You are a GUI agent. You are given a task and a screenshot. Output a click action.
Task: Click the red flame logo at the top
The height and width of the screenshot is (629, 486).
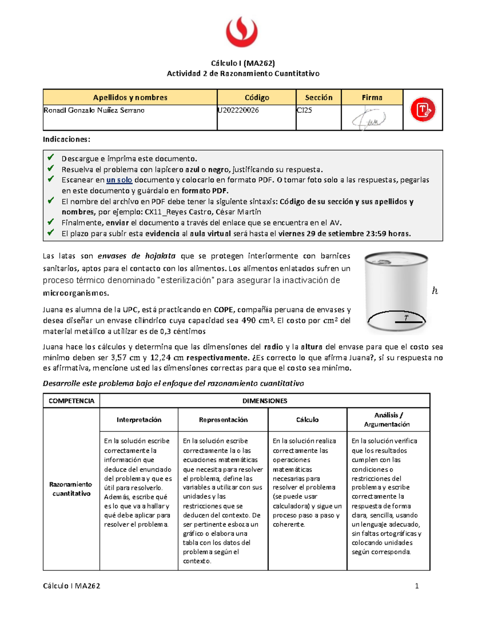click(x=242, y=32)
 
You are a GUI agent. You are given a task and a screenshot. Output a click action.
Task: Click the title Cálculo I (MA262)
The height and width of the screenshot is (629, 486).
click(x=243, y=63)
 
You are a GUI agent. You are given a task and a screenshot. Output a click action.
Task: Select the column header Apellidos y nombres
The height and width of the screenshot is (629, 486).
click(x=130, y=98)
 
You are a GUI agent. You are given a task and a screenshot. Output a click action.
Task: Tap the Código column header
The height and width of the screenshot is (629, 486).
click(x=257, y=98)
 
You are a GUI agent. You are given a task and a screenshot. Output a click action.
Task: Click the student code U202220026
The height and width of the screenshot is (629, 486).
click(x=238, y=110)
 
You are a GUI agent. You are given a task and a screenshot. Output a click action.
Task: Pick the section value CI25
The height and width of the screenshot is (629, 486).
click(x=305, y=110)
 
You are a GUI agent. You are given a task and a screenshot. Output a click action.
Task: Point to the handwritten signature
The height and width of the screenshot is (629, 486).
click(x=369, y=119)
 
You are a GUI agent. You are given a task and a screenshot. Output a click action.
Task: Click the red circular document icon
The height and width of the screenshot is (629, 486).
click(x=422, y=110)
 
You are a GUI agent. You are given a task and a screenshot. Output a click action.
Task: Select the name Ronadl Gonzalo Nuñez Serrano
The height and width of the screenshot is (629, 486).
click(x=94, y=110)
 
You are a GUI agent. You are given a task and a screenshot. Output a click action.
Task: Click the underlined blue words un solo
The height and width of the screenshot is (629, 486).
click(x=119, y=180)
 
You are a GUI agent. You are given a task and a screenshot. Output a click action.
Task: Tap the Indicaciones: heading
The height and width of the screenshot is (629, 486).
click(x=66, y=139)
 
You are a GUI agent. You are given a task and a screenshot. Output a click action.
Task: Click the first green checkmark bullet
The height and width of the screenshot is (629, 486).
click(x=51, y=157)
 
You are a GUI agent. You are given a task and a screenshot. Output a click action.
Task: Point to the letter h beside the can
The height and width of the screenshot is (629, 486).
click(x=435, y=291)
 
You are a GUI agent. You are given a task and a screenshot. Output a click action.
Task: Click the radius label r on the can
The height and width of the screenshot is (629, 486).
click(x=406, y=318)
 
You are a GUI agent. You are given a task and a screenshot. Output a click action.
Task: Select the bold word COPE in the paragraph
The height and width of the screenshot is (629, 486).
click(x=223, y=310)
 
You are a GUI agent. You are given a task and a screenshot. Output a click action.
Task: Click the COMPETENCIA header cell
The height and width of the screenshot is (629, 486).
click(x=71, y=401)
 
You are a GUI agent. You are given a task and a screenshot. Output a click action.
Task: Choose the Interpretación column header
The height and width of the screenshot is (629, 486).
click(x=139, y=420)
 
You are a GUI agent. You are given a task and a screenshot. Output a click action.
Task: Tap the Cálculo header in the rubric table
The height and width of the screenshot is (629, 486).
click(x=307, y=420)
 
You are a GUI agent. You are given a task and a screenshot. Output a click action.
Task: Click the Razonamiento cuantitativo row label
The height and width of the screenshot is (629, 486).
click(x=71, y=489)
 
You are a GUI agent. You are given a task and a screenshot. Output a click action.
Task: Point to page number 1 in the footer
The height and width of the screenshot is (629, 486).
click(x=417, y=586)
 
